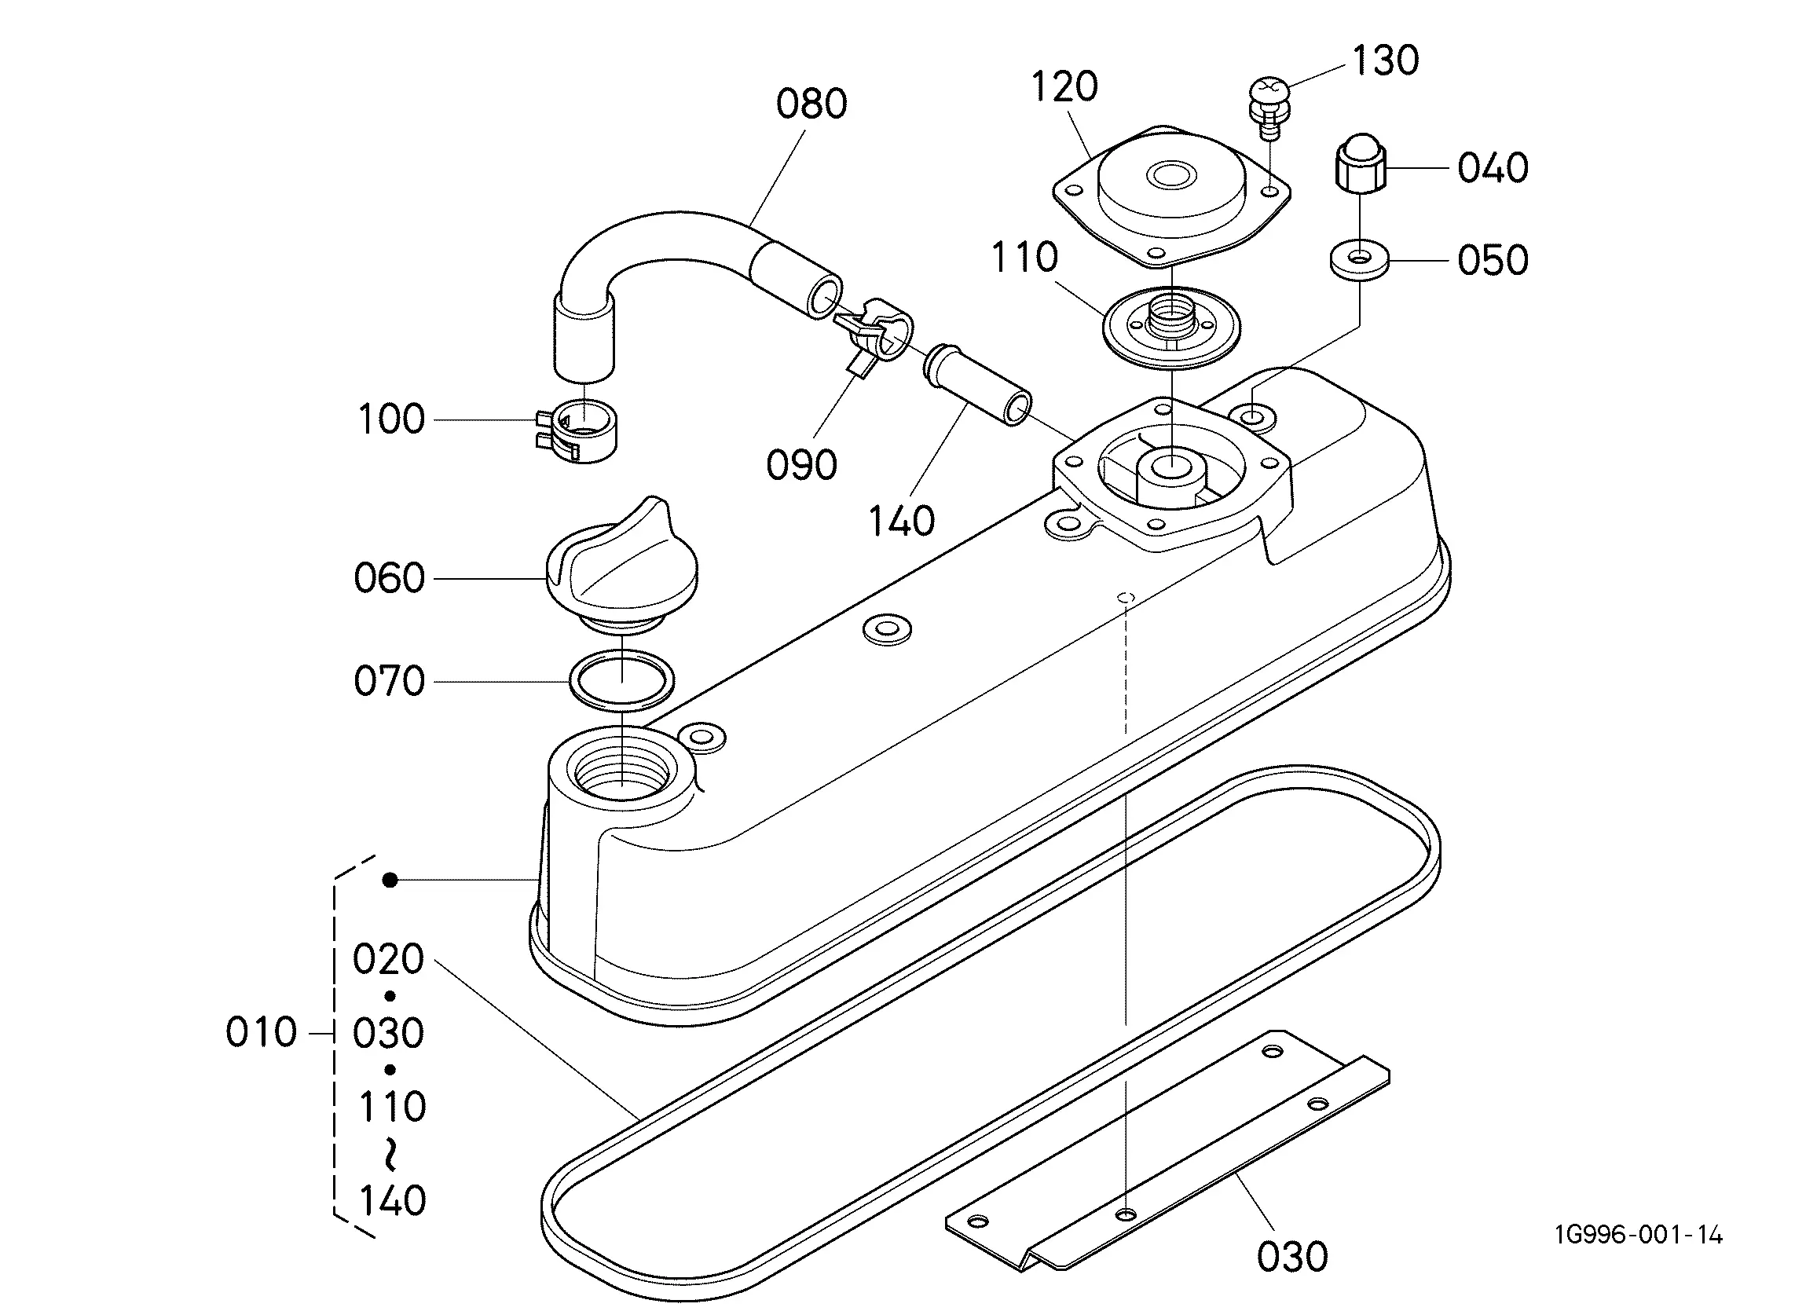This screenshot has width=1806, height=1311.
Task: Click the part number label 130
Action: tap(1386, 60)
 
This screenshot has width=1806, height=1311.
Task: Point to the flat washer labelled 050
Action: tap(1359, 260)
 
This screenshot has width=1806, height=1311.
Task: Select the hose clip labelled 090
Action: tap(876, 332)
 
